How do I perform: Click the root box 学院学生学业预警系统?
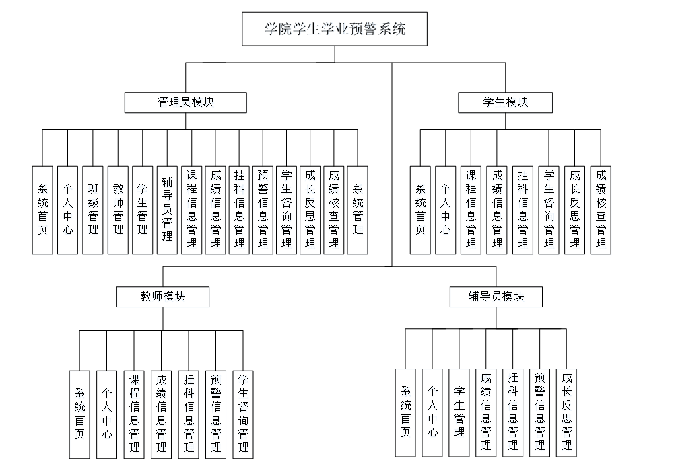tap(335, 30)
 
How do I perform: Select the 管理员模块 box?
tap(186, 102)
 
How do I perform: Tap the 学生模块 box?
tap(505, 102)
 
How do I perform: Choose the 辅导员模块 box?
tap(496, 297)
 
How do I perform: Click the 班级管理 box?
tap(93, 210)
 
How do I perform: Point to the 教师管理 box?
tap(118, 210)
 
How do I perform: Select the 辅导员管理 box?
tap(167, 210)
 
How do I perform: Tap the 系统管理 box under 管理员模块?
tap(358, 210)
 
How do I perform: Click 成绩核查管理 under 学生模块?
tap(601, 210)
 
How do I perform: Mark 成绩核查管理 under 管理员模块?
tap(333, 210)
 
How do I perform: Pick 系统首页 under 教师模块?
tap(79, 414)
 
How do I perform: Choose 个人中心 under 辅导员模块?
tap(432, 414)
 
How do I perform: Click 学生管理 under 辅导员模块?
tap(459, 414)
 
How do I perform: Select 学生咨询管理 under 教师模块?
tap(243, 414)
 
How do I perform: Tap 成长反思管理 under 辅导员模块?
tap(566, 414)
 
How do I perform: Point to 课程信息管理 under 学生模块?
tap(471, 210)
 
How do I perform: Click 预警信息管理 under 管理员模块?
tap(263, 210)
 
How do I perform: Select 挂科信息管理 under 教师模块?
tap(189, 414)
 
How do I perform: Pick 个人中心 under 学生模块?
tap(445, 210)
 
